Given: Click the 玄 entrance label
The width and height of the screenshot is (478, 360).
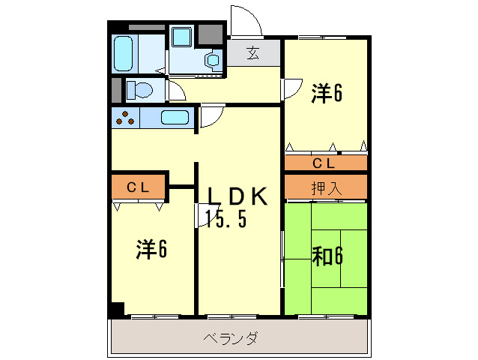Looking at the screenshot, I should click(253, 53).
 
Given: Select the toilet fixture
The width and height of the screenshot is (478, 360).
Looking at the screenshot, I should click(138, 91).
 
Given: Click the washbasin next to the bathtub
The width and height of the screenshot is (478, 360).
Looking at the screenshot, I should click(181, 37).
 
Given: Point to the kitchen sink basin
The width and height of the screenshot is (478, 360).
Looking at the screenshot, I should click(175, 117).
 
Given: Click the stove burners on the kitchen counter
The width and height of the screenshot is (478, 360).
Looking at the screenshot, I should click(125, 117).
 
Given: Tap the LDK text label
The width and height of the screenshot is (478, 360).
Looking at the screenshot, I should click(237, 195).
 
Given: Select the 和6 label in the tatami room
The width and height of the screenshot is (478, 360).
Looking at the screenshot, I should click(327, 256).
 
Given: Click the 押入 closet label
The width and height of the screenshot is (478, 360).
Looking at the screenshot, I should click(326, 188).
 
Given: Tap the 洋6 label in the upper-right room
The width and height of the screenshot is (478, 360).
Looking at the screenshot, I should click(327, 93).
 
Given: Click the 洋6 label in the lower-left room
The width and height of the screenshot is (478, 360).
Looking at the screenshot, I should click(151, 249).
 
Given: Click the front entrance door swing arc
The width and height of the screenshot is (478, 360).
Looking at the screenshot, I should click(246, 21).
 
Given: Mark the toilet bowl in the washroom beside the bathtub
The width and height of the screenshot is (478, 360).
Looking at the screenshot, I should click(212, 59).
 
